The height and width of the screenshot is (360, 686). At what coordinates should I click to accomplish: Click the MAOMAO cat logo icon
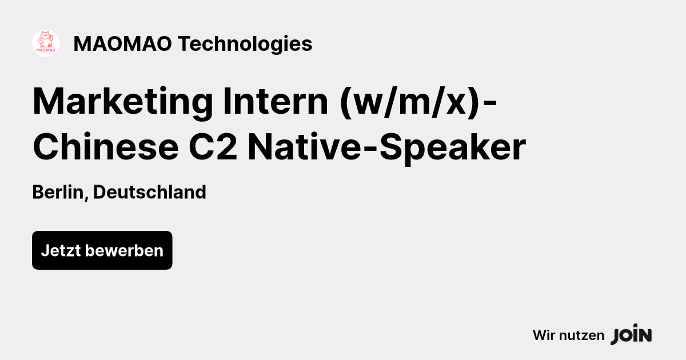(x=46, y=43)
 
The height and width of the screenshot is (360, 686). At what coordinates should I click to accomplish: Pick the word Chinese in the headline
(x=105, y=147)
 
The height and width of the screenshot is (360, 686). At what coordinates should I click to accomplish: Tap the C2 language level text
(x=213, y=147)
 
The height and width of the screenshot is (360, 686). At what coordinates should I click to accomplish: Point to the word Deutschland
(x=149, y=193)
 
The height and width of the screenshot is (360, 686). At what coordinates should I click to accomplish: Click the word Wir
(x=543, y=335)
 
